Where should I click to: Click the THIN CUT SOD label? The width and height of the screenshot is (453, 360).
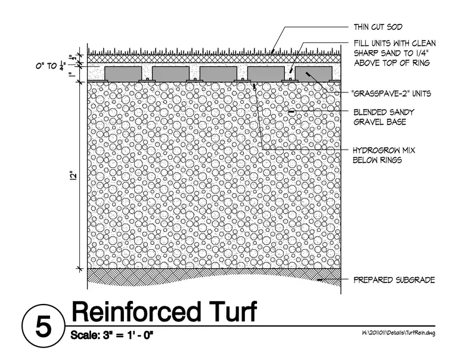[378, 27]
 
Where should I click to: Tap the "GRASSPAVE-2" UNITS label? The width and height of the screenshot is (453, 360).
[391, 94]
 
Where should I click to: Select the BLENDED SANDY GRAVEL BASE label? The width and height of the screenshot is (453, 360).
[384, 117]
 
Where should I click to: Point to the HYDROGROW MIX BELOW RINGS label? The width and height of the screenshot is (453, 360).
[384, 155]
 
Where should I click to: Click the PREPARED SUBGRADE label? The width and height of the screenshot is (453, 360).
[394, 280]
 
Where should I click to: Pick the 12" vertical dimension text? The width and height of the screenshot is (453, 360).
[74, 176]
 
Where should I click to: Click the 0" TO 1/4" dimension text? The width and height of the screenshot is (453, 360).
[51, 66]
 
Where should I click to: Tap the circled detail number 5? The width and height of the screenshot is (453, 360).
[44, 326]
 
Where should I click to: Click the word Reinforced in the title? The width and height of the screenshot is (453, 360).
[136, 312]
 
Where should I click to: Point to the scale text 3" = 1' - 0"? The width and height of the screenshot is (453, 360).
[126, 335]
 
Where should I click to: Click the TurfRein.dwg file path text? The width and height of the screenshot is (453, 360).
[398, 333]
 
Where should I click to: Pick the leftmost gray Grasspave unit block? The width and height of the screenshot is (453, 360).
[123, 74]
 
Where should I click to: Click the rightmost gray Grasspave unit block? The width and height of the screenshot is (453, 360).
[314, 74]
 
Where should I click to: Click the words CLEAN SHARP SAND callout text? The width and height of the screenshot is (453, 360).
[395, 48]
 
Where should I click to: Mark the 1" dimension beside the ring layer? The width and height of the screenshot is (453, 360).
[70, 75]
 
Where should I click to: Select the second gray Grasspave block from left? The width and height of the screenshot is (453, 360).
[170, 74]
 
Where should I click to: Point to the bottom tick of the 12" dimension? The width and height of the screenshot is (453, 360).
[80, 269]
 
